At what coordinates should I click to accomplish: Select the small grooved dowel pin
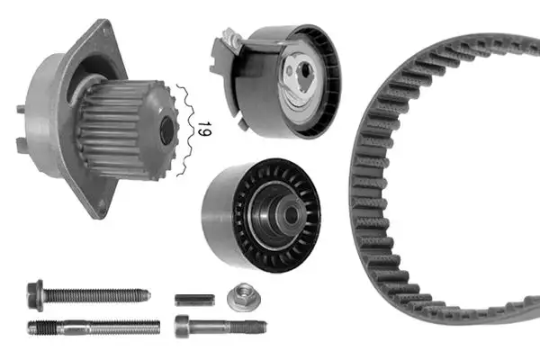tap(192, 300)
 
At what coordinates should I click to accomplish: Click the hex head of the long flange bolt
tap(36, 293)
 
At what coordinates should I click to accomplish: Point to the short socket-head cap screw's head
tap(184, 327)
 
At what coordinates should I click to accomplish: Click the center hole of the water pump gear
tap(166, 131)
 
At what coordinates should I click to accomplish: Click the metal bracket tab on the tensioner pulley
tap(225, 49)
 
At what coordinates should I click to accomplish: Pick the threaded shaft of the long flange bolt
tap(99, 294)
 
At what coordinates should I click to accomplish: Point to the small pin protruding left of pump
tap(20, 110)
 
